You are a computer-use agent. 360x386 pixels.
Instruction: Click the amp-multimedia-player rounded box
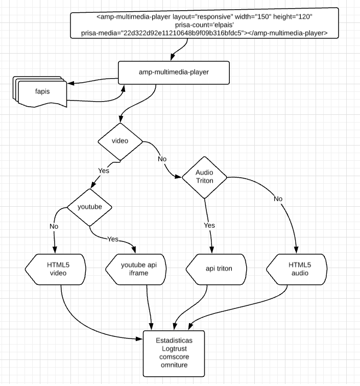[x=174, y=73]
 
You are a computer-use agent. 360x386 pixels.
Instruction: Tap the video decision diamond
[x=120, y=141]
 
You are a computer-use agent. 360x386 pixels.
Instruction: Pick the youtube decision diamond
[x=90, y=207]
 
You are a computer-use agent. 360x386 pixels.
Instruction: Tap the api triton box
[x=215, y=269]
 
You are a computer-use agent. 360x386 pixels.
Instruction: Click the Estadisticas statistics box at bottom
[x=174, y=352]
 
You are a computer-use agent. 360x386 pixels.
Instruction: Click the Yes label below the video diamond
[x=103, y=171]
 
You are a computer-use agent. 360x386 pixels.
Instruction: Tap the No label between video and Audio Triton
[x=162, y=159]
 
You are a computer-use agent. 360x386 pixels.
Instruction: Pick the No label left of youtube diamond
[x=54, y=226]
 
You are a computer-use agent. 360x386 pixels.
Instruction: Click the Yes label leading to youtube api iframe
[x=113, y=238]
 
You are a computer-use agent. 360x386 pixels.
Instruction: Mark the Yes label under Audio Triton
[x=210, y=225]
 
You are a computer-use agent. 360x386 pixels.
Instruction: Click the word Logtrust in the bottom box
[x=174, y=348]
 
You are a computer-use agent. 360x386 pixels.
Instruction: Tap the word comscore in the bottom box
[x=174, y=356]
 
